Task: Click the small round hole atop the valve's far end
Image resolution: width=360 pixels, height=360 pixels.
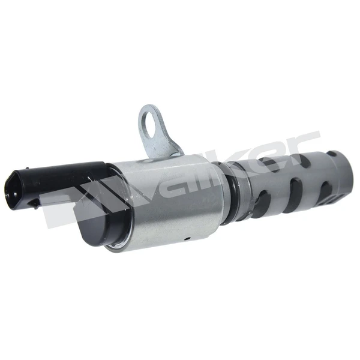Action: coord(332,154)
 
